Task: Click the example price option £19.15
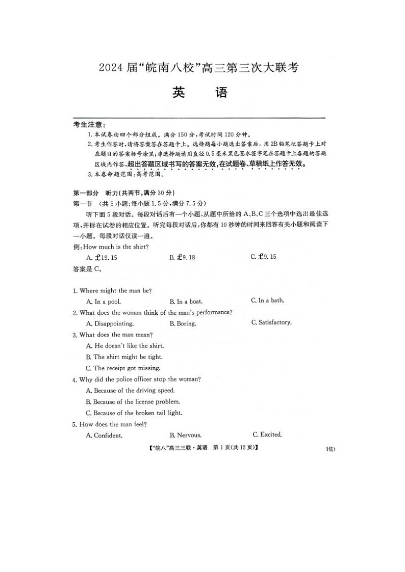[x=103, y=258]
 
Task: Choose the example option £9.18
[x=183, y=258]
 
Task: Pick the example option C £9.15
[x=264, y=257]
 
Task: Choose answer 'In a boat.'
[x=186, y=302]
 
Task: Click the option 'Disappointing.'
[x=110, y=323]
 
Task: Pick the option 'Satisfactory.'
[x=271, y=322]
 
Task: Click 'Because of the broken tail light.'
[x=134, y=413]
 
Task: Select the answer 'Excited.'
[x=267, y=434]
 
